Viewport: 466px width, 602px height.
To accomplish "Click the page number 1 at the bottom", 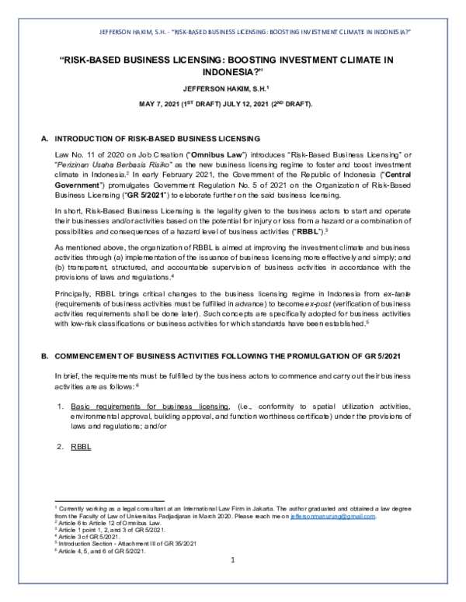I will tap(232, 560).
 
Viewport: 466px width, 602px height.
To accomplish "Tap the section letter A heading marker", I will tap(44, 138).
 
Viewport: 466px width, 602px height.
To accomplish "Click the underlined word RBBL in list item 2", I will tap(81, 447).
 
